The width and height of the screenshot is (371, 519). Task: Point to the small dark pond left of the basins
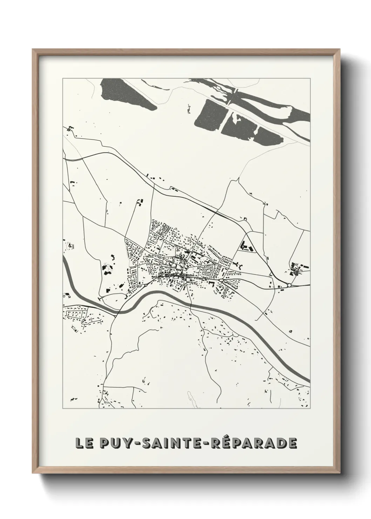pos(189,109)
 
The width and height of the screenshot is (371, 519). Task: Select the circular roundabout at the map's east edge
pos(289,285)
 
